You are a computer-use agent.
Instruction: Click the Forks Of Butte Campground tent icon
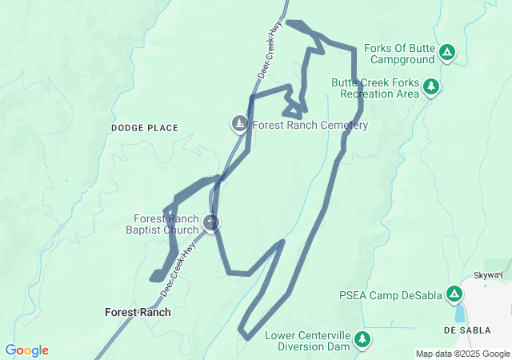pos(447,54)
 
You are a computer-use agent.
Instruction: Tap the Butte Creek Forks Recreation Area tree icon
pos(431,86)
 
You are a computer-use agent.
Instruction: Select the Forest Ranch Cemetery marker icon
pos(239,124)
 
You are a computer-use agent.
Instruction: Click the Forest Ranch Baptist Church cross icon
pos(211,222)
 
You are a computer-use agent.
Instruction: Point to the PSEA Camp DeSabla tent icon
pos(454,294)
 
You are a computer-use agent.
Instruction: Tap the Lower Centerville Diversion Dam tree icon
pos(362,340)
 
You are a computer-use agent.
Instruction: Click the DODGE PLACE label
pos(145,128)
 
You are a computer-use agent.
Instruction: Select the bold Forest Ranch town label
pos(138,312)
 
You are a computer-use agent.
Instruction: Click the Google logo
pos(26,350)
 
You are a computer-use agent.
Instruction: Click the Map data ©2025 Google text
pos(462,354)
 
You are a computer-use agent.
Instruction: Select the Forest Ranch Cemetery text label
pos(310,126)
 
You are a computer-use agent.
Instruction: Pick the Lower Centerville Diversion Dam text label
pos(308,341)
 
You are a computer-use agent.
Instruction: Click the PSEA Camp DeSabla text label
pos(390,295)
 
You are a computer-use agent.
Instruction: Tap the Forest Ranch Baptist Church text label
pos(166,225)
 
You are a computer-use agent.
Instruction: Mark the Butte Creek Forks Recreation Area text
pos(375,88)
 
